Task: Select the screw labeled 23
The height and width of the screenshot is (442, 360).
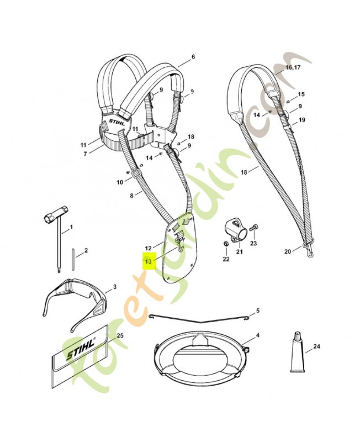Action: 254,227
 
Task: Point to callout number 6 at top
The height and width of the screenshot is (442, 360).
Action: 193,57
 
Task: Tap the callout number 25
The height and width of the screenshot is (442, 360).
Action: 120,335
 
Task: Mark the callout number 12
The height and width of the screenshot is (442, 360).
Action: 147,248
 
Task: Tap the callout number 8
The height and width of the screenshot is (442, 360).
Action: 131,196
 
